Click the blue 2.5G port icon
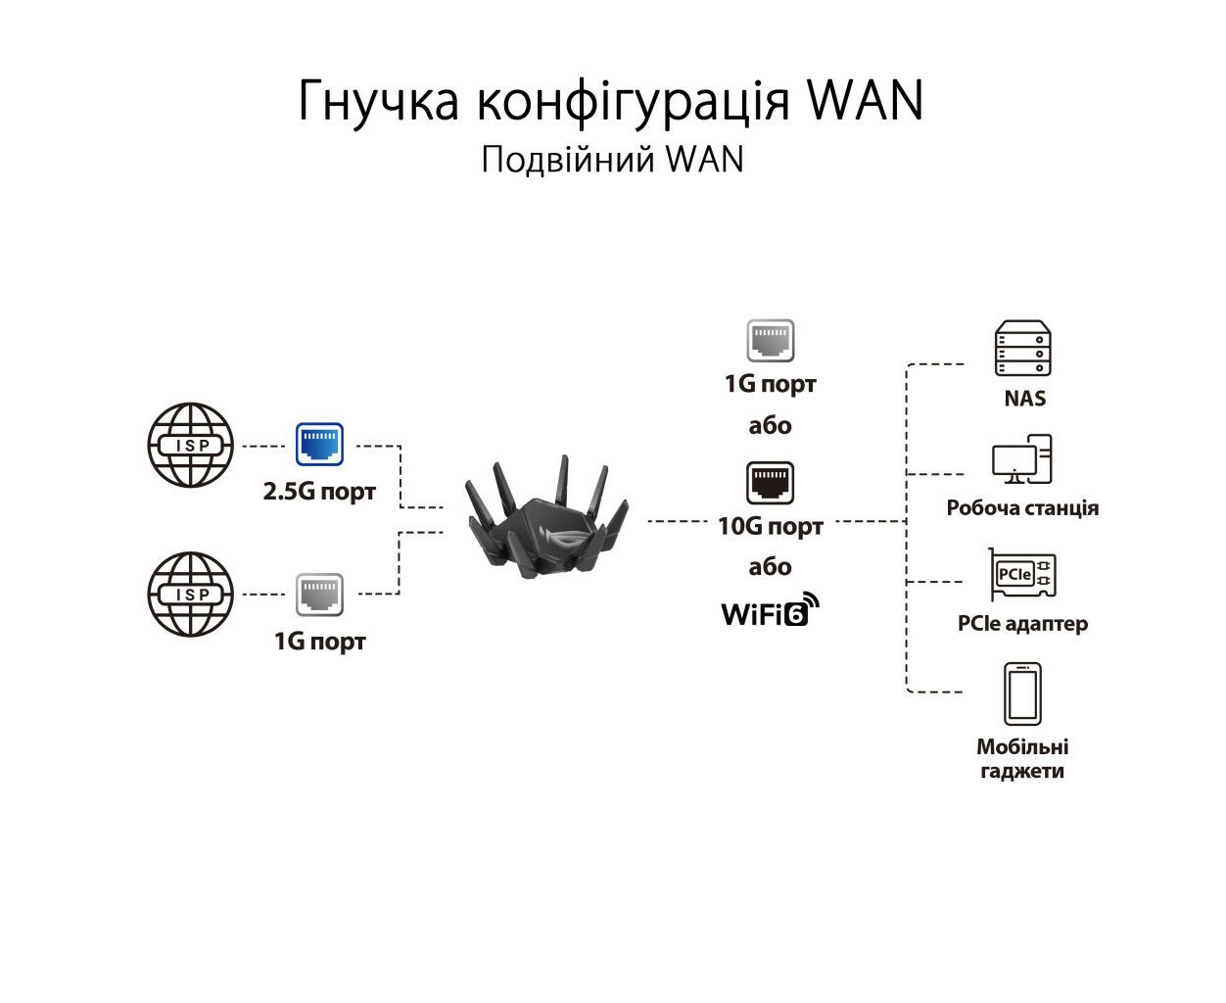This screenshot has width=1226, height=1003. [x=319, y=445]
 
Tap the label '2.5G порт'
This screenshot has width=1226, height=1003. [x=319, y=492]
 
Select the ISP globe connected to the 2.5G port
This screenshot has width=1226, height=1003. [x=191, y=445]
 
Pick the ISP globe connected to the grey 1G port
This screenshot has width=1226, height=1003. [x=191, y=595]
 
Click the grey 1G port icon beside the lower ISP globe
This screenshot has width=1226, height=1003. [x=319, y=595]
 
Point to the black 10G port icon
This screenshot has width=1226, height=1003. [x=770, y=483]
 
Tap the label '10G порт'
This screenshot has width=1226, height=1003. [x=771, y=527]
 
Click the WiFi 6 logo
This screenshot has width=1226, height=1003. [x=771, y=609]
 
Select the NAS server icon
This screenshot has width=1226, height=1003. [x=1022, y=347]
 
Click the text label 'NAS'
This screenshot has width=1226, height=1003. [x=1025, y=399]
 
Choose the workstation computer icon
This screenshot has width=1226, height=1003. [x=1021, y=458]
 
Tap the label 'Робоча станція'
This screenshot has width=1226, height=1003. [x=1022, y=507]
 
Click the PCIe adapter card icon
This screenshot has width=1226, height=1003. [x=1022, y=574]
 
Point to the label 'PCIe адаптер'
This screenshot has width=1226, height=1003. [x=1022, y=624]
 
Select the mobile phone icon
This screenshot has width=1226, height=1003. [x=1022, y=693]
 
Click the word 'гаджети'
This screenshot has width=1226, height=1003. [x=1022, y=771]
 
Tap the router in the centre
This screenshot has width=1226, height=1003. [x=546, y=517]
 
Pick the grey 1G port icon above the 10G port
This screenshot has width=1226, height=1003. [x=770, y=340]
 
